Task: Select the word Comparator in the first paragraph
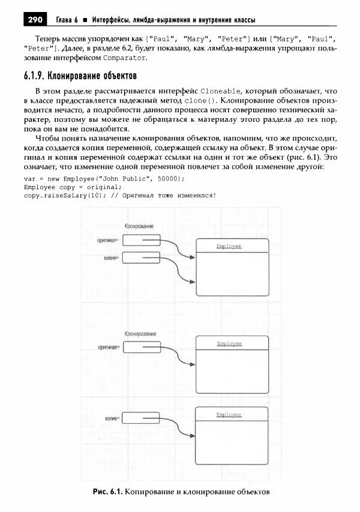coord(125,58)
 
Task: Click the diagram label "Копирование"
coord(138,226)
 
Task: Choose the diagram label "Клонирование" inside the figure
coord(140,333)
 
